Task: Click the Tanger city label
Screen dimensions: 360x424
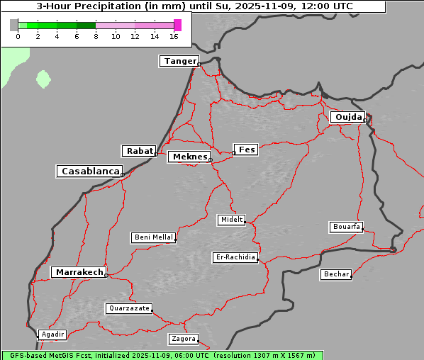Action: (x=179, y=61)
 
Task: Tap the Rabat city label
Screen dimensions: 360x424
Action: (x=139, y=151)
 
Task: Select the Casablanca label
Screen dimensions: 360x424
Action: (x=90, y=171)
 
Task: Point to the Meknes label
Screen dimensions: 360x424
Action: (x=189, y=157)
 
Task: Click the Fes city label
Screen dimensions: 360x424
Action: (x=247, y=150)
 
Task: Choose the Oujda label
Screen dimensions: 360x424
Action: (x=347, y=117)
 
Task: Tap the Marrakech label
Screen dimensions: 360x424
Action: (x=78, y=272)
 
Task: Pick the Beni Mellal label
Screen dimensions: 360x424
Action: (x=153, y=237)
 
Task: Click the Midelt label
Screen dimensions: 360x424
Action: (x=231, y=220)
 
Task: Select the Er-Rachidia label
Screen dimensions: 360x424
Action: (x=235, y=257)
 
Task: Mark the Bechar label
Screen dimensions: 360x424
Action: (x=336, y=274)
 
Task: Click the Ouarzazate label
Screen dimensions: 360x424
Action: (x=128, y=308)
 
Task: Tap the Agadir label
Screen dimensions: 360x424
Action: (x=52, y=334)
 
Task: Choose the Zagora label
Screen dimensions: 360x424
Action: (x=184, y=339)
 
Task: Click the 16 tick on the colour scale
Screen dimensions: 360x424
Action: (x=174, y=36)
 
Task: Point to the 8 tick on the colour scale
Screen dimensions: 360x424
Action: (x=96, y=36)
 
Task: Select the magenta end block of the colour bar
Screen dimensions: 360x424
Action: (x=177, y=25)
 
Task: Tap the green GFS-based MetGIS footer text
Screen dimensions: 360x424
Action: (x=162, y=355)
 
